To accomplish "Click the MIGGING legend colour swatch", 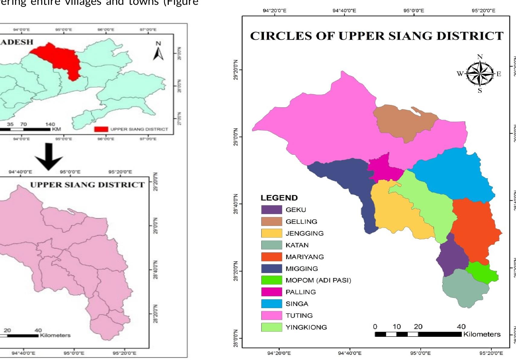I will coord(271,268).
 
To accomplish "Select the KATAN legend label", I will coord(297,245).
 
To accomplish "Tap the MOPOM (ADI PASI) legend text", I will coord(318,280).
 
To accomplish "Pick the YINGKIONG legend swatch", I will coord(271,327).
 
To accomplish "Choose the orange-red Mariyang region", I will coord(473,229).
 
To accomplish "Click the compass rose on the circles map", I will coord(480,73).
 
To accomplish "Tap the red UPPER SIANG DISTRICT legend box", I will coord(101,129).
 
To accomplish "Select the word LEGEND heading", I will coord(279,198).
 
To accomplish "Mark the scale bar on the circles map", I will coord(418,334).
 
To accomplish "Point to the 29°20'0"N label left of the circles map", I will coord(236,70).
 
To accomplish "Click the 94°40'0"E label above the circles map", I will coord(344,11).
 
